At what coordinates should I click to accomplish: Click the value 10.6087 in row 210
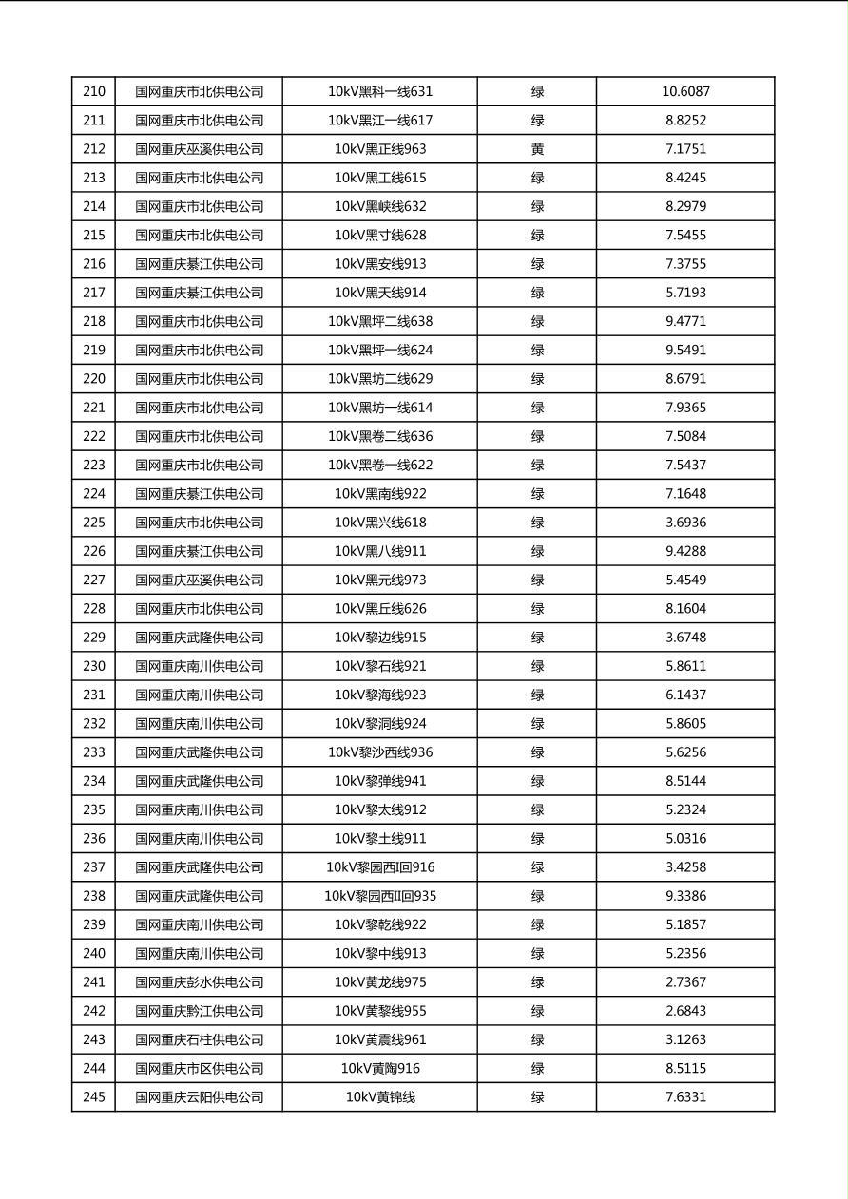685,92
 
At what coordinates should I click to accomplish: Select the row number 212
94,149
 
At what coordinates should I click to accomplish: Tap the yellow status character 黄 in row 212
537,149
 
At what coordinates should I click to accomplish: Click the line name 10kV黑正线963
380,149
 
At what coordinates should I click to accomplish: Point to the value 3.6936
685,523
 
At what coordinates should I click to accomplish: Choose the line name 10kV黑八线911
380,551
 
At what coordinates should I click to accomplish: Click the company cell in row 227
199,580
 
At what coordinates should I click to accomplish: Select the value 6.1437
685,695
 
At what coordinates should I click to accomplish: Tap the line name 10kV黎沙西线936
380,752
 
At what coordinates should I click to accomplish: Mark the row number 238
94,896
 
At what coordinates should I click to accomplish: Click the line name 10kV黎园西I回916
380,867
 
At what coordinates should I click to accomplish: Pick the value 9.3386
685,896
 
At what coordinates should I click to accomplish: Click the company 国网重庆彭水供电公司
199,982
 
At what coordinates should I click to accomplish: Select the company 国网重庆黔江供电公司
199,1011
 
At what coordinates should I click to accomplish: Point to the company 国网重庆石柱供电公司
199,1039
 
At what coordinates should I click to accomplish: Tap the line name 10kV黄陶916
380,1069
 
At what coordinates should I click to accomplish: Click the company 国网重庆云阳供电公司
199,1097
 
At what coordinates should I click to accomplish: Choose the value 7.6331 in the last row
685,1097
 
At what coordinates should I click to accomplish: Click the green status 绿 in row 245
537,1097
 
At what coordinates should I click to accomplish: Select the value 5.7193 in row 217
685,293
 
